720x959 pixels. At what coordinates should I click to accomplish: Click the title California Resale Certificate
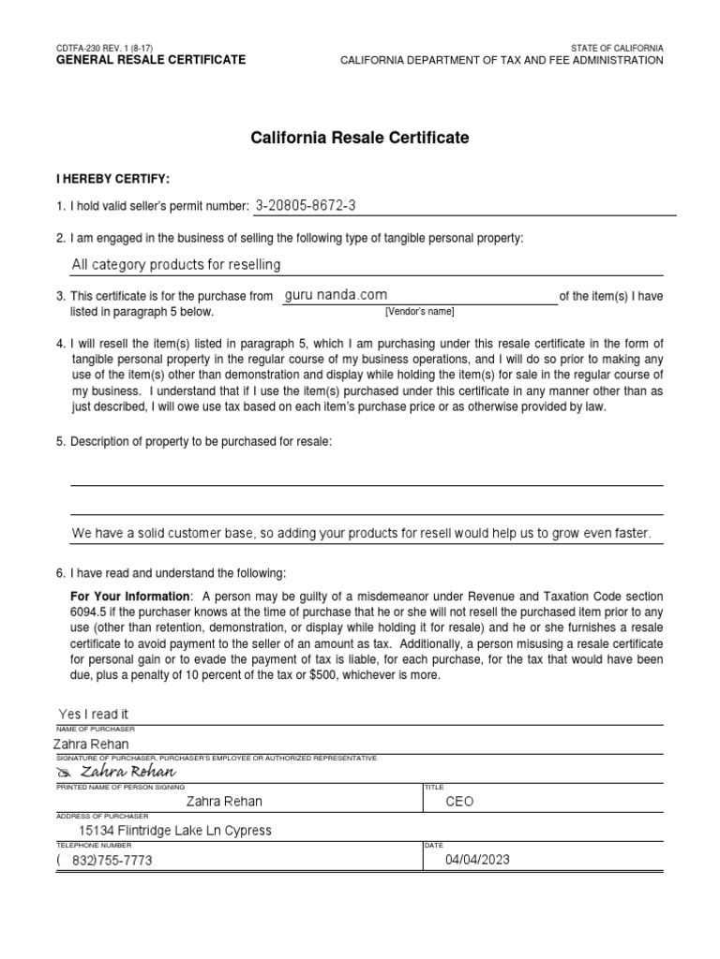point(360,138)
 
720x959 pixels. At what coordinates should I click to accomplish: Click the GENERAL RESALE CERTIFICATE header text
point(151,60)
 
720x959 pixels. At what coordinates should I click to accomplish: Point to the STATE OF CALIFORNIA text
point(617,47)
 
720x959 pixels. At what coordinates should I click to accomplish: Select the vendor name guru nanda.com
point(335,295)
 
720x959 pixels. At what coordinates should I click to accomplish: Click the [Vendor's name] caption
point(419,311)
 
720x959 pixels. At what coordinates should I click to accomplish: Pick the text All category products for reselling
point(176,265)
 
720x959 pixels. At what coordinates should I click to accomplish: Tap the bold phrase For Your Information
point(130,597)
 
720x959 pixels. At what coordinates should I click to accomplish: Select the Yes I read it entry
point(93,714)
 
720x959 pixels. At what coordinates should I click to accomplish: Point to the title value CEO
point(460,801)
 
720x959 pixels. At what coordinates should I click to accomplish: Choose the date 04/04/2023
point(477,860)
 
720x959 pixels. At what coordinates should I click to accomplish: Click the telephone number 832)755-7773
point(111,860)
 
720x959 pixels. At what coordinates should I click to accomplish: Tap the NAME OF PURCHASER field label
point(96,728)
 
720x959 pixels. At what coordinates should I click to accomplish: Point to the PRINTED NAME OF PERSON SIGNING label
point(121,787)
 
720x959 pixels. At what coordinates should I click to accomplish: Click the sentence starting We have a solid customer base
point(361,533)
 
